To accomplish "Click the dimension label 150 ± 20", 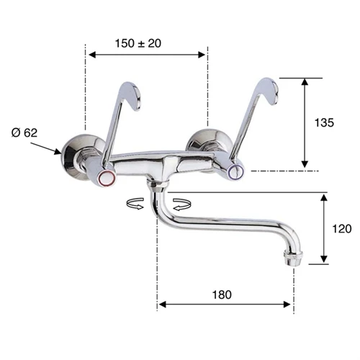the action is (138, 43).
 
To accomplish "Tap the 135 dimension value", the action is (324, 122).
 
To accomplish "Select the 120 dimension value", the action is (342, 229).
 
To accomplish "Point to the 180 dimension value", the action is (222, 294).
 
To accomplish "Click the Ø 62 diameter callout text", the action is (24, 132).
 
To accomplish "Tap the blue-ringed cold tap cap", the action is (236, 170).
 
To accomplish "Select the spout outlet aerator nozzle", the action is (293, 258).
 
